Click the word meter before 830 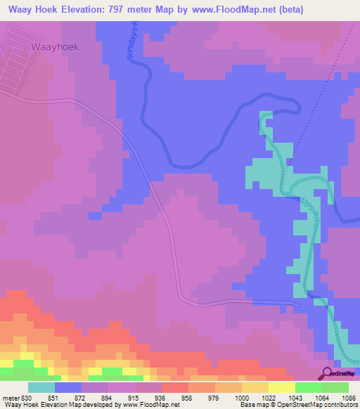tap(10, 398)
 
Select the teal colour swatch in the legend tap(41, 387)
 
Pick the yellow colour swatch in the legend tap(281, 387)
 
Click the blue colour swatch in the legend tap(67, 387)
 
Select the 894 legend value tap(103, 398)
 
